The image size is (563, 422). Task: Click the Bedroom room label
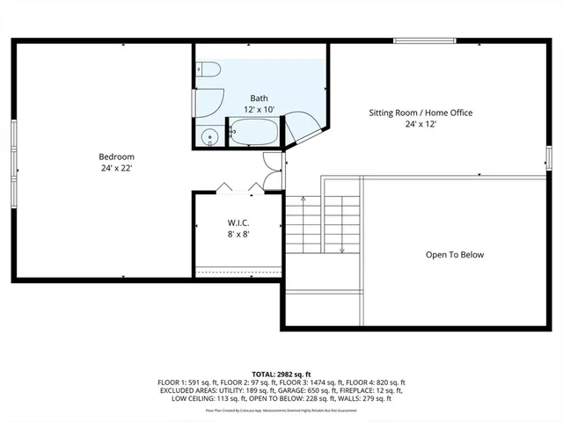[x=116, y=156]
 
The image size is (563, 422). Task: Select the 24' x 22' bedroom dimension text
[x=116, y=168]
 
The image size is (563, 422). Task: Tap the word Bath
[x=259, y=98]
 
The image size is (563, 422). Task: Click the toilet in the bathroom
[x=208, y=71]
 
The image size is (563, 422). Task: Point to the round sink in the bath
[x=209, y=136]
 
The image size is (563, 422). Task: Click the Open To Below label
[x=455, y=255]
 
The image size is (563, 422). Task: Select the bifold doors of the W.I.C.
[x=238, y=186]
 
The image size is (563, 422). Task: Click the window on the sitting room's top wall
[x=424, y=40]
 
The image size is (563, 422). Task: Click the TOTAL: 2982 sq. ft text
[x=281, y=373]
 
